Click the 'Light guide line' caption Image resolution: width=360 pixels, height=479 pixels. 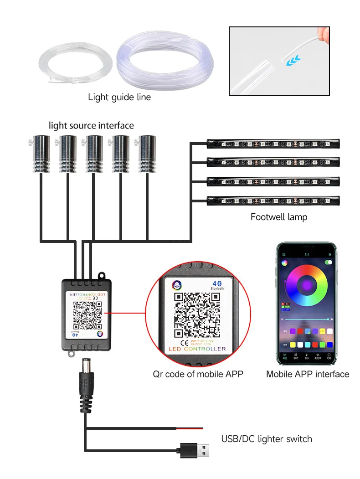[x=119, y=97]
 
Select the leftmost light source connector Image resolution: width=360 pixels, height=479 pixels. [x=41, y=154]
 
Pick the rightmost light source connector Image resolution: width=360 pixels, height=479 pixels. [x=147, y=154]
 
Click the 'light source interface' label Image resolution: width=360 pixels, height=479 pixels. [x=91, y=125]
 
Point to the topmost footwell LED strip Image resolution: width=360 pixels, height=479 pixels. [x=273, y=144]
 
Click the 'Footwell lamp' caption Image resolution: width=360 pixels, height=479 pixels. [x=279, y=217]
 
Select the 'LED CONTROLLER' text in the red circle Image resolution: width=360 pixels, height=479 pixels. [x=197, y=349]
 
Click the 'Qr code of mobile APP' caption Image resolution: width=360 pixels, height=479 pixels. [x=198, y=374]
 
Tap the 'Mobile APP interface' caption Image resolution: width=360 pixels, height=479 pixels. [x=308, y=374]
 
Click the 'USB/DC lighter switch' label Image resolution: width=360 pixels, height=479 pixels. [x=267, y=439]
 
